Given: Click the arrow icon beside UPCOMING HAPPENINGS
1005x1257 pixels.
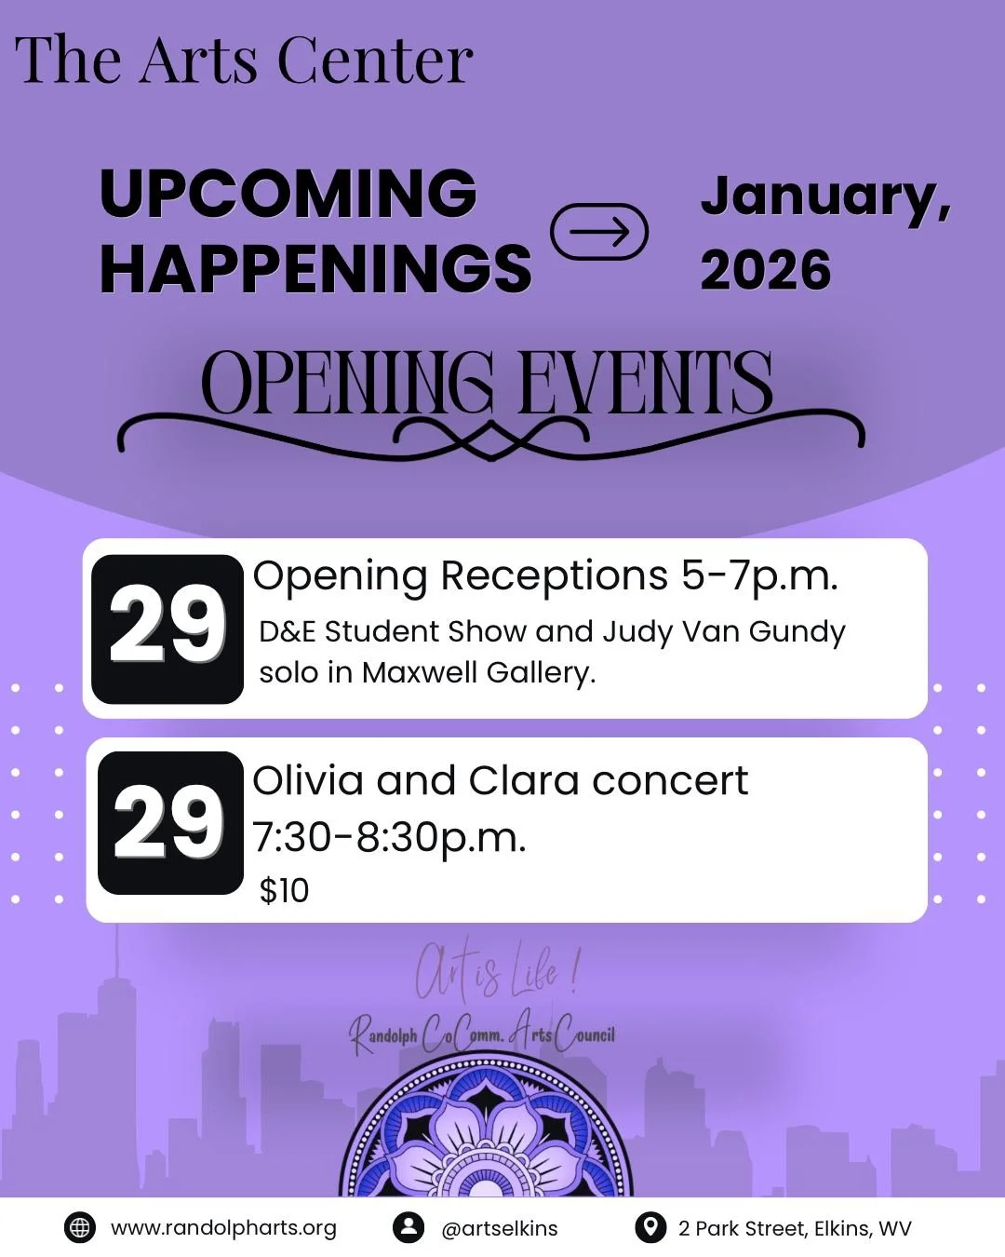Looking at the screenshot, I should [599, 232].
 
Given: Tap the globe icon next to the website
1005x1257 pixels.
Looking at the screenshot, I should [80, 1227].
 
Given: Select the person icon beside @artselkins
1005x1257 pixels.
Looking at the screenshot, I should [408, 1227].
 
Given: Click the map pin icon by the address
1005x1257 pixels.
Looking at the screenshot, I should [650, 1227].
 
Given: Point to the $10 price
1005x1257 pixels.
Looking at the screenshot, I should [284, 891].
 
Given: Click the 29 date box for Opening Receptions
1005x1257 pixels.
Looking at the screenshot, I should [167, 628].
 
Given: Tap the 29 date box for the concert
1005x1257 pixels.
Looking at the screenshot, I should [169, 822].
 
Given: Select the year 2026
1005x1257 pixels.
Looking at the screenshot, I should [765, 271].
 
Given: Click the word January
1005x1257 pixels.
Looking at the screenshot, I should [824, 197].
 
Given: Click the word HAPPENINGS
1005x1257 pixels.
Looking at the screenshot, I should [315, 269].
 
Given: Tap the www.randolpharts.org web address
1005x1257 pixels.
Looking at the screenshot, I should [223, 1228].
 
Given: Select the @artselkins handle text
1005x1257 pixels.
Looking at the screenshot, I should [500, 1228].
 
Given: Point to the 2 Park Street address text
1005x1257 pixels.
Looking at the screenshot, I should [795, 1228].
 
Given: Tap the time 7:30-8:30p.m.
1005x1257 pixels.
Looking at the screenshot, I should [389, 837].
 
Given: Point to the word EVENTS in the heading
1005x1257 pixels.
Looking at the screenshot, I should [645, 383].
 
